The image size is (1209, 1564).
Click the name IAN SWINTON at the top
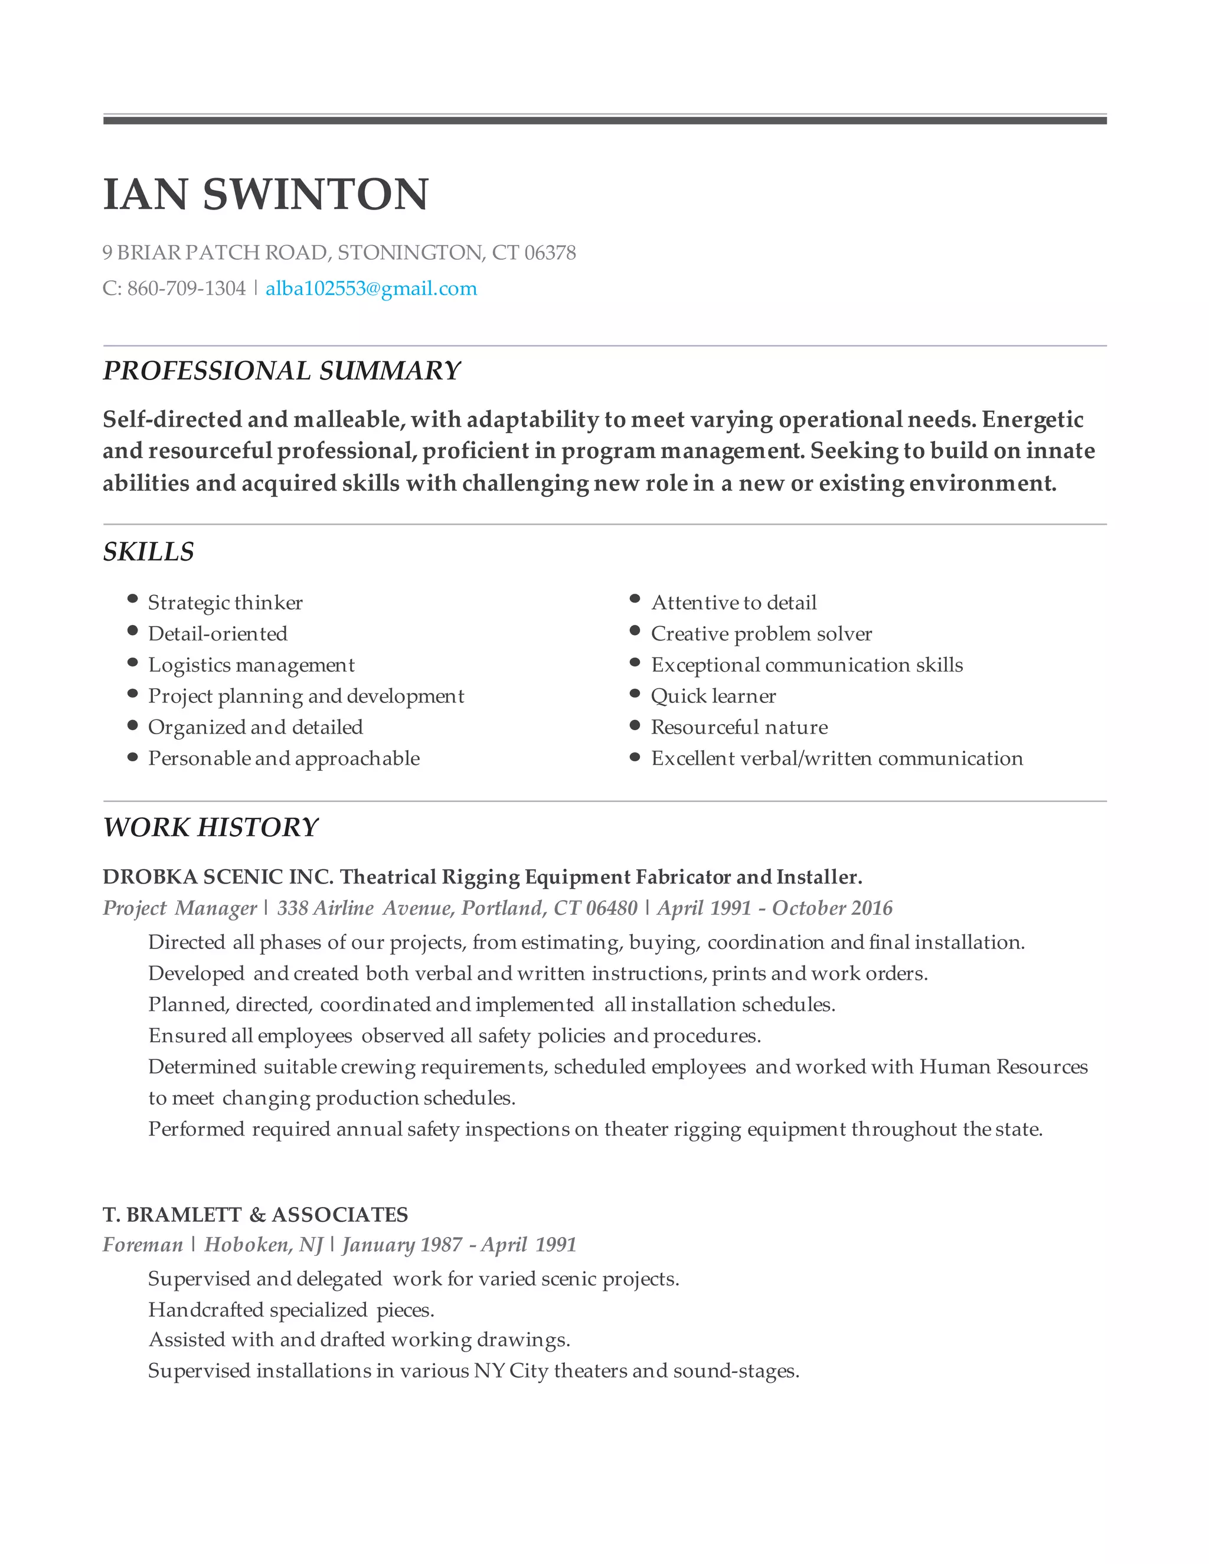tap(266, 194)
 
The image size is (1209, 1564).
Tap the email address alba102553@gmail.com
tap(370, 289)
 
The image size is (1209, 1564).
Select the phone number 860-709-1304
tap(186, 289)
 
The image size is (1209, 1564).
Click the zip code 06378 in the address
tap(550, 253)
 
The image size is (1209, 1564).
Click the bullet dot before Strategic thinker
tap(132, 598)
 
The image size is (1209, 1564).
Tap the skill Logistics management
tap(251, 665)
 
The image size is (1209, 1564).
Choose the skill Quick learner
tap(713, 696)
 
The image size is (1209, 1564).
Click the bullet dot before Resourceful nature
tap(635, 725)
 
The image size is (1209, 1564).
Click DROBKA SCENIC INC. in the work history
tap(218, 876)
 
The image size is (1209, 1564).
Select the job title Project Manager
tap(179, 908)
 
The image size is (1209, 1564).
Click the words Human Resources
tap(1003, 1066)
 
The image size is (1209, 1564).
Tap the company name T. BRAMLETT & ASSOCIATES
tap(255, 1215)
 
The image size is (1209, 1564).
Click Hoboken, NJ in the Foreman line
tap(263, 1245)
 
